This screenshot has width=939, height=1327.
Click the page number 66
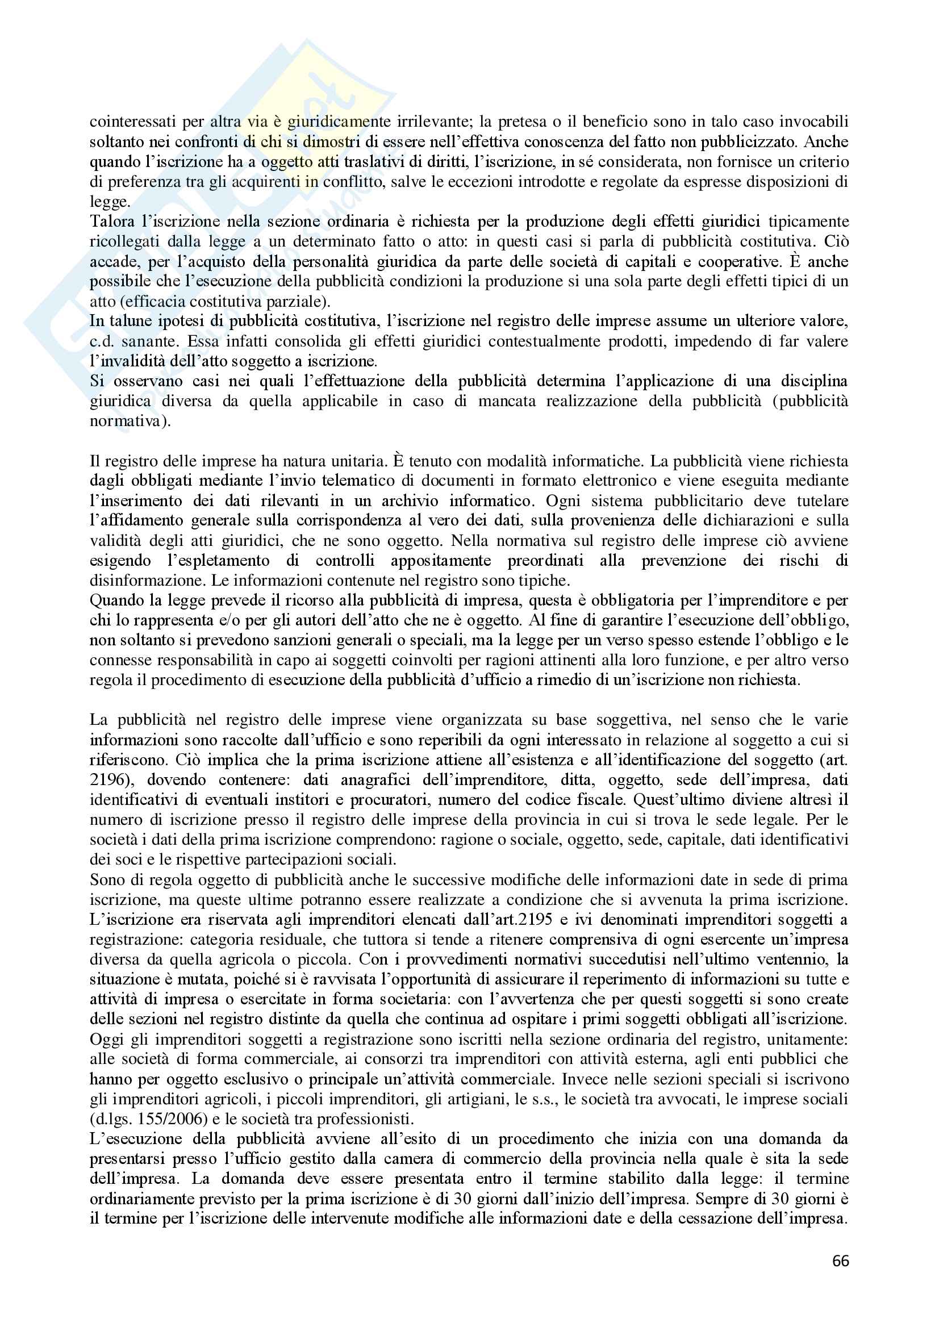[840, 1277]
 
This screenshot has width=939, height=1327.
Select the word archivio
[406, 500]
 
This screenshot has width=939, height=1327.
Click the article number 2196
[107, 779]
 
